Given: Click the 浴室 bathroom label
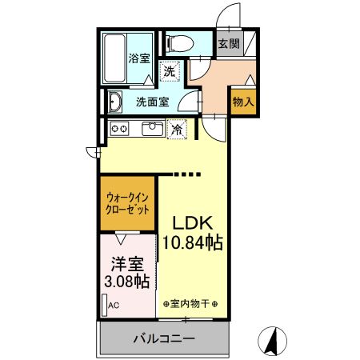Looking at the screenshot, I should tap(140, 58).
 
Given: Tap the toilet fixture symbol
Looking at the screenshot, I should tap(178, 45).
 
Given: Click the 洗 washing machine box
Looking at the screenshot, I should tap(170, 72).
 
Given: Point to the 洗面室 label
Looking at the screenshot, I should tap(151, 102).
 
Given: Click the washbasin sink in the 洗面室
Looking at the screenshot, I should tap(114, 102).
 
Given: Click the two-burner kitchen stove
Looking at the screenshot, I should tap(119, 128).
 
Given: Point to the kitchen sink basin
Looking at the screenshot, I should tap(151, 128).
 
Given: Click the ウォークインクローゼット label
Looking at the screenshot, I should tap(127, 203).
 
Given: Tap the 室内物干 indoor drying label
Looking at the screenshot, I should tap(194, 303).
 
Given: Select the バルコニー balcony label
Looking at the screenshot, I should tap(163, 339).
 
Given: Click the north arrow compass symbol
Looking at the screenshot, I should tap(273, 341).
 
